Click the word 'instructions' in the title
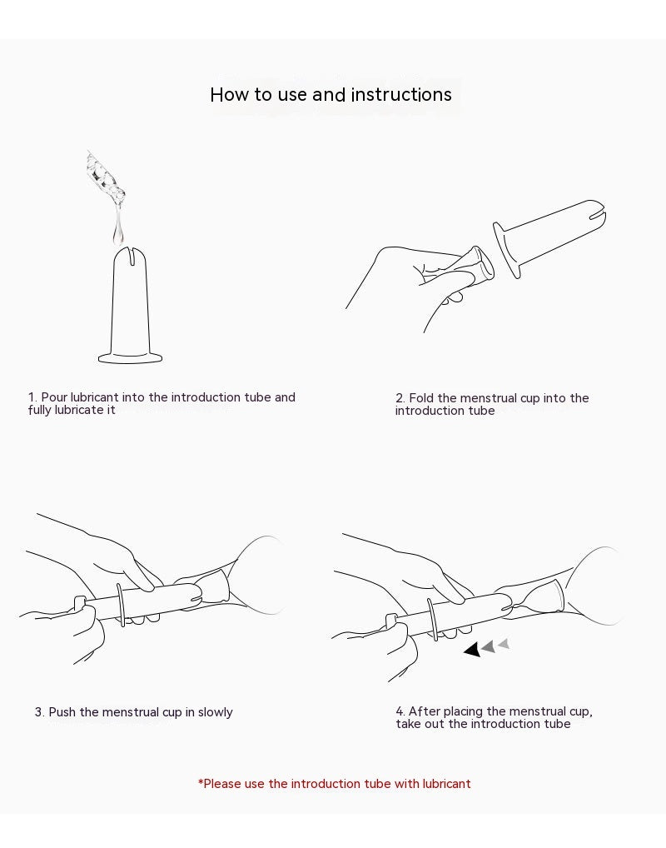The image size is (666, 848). (401, 95)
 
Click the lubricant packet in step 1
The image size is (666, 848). (106, 176)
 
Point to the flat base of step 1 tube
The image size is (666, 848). (130, 357)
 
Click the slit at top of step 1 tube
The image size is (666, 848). (130, 255)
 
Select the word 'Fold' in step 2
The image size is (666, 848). (421, 398)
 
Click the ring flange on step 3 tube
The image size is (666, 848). (121, 605)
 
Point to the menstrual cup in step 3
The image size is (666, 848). (212, 589)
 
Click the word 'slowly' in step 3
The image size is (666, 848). (215, 712)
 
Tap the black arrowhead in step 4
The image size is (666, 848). (472, 649)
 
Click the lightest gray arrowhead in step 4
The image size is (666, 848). (504, 644)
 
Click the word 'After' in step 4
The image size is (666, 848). (424, 711)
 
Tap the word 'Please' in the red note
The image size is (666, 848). (221, 784)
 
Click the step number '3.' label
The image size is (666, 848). (39, 712)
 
